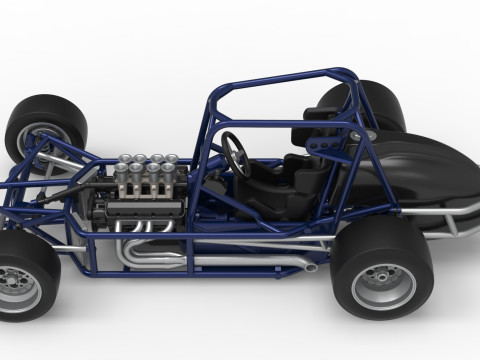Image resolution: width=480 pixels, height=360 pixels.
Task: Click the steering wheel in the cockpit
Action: click(x=236, y=152)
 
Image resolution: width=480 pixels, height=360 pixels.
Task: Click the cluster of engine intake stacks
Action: click(x=146, y=175)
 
